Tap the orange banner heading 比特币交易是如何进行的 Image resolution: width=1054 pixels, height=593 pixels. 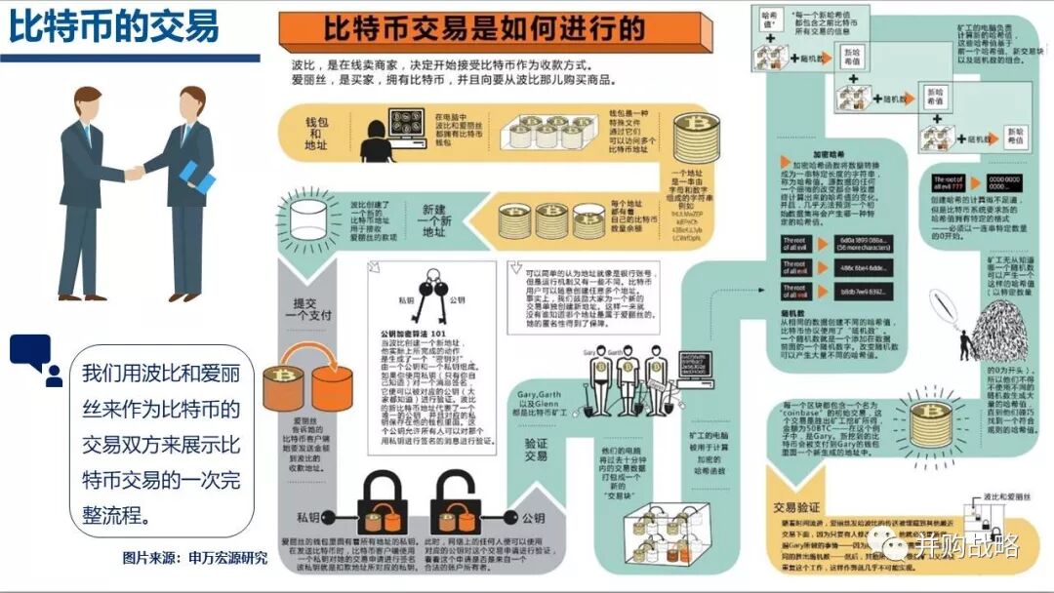[483, 29]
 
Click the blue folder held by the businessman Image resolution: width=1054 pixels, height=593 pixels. [197, 174]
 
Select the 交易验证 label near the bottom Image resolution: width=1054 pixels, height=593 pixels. [796, 506]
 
